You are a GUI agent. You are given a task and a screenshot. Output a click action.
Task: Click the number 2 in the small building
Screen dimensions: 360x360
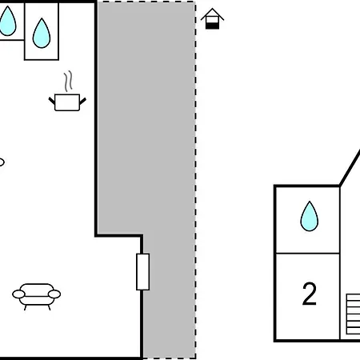click(x=310, y=294)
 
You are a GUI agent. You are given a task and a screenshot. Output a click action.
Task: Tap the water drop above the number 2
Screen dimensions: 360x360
click(x=310, y=216)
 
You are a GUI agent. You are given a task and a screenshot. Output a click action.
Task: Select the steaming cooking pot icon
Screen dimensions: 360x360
click(x=67, y=91)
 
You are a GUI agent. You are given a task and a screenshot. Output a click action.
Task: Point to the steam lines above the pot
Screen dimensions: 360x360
click(x=68, y=81)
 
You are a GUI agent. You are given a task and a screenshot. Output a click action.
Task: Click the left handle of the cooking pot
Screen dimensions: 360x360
click(x=52, y=101)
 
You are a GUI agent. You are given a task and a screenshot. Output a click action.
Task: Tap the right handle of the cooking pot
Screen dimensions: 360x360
click(x=82, y=101)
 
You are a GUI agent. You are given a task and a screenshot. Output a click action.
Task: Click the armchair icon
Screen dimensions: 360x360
click(x=37, y=297)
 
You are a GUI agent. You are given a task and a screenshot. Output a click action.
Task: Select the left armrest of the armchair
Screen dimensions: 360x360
click(x=18, y=294)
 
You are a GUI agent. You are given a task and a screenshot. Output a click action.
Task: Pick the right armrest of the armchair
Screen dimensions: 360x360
click(x=54, y=294)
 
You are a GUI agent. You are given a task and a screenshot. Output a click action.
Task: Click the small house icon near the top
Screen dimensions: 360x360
click(x=212, y=18)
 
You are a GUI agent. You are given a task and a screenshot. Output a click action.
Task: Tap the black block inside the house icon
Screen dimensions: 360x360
click(x=212, y=26)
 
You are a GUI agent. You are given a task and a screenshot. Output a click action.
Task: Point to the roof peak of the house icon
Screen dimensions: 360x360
click(x=212, y=9)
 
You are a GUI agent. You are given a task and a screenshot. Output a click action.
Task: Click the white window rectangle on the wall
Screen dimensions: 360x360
click(x=142, y=272)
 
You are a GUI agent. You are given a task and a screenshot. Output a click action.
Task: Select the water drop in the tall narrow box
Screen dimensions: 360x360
click(x=42, y=34)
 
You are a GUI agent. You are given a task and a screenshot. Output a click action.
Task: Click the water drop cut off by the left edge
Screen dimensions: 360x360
click(x=7, y=22)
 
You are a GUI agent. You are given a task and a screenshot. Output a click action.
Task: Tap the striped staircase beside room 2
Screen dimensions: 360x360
click(x=353, y=314)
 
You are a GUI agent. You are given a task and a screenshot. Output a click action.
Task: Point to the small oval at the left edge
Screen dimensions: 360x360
click(x=2, y=162)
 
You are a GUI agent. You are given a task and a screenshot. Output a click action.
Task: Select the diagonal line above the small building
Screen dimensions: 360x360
click(x=350, y=168)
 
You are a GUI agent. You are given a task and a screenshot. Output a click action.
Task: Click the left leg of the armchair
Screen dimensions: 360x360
click(x=26, y=307)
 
